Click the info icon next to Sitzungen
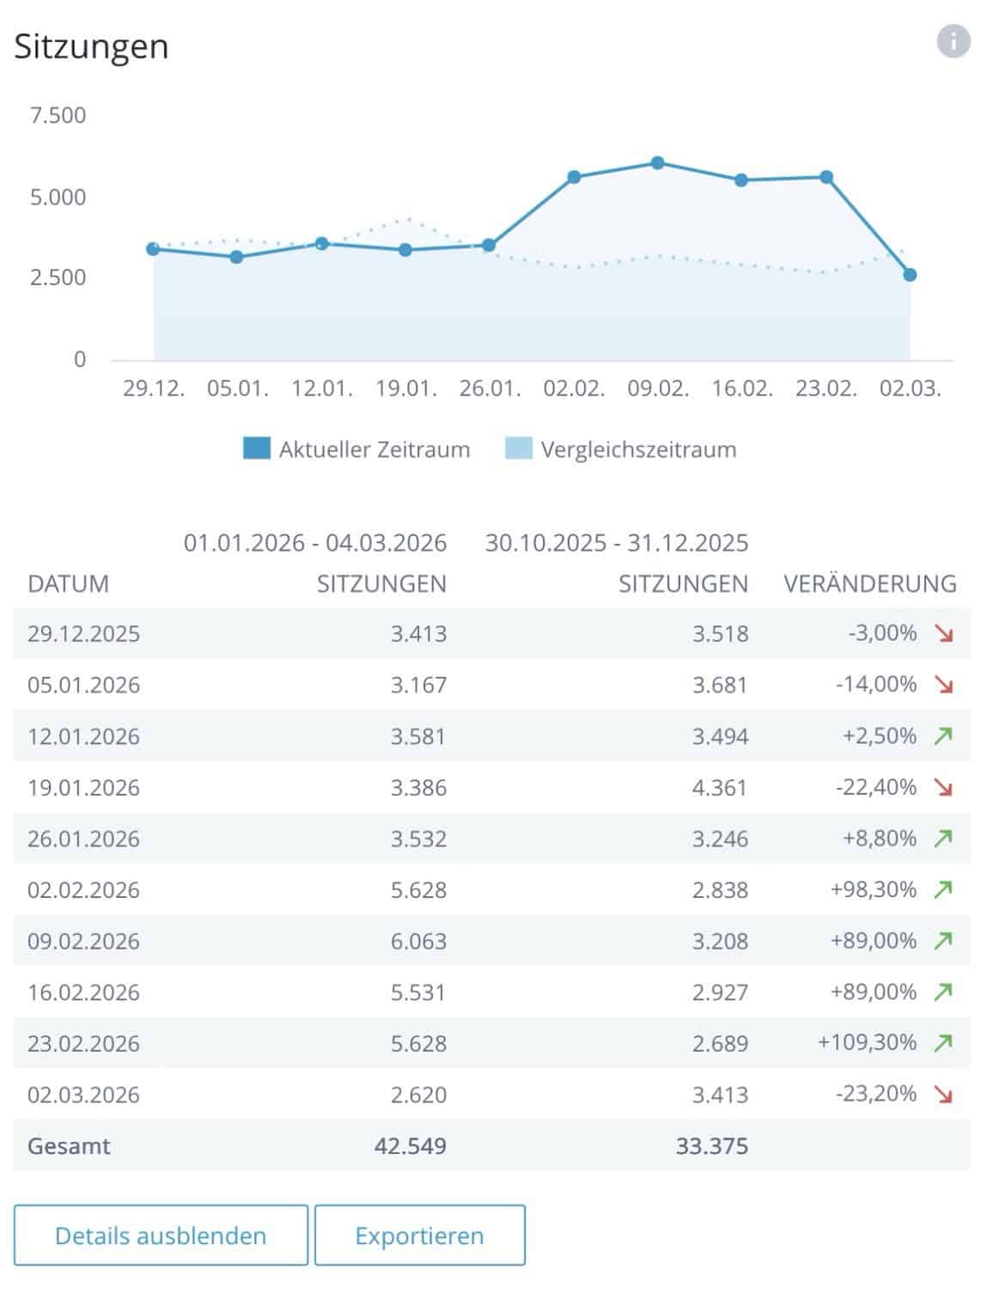953,41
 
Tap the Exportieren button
419,1236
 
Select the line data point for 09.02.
658,162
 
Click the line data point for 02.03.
910,275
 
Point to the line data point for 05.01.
237,257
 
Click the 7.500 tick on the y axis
58,115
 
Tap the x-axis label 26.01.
490,388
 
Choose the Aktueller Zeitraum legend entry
357,449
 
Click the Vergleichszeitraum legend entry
621,449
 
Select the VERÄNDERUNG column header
869,584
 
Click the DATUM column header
69,584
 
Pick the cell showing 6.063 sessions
418,941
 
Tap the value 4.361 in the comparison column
720,787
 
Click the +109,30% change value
867,1042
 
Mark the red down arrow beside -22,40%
943,787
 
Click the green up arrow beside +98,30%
943,889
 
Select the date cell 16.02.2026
83,992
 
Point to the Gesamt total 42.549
410,1145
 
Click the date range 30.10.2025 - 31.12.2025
616,543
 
